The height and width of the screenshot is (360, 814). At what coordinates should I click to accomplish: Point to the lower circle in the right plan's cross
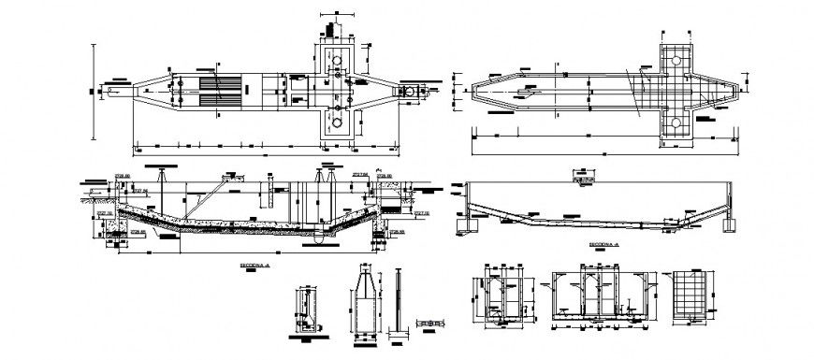click(x=676, y=122)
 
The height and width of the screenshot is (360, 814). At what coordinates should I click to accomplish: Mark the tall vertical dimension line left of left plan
click(x=94, y=91)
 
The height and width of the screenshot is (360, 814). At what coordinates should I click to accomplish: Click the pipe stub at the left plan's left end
click(x=113, y=91)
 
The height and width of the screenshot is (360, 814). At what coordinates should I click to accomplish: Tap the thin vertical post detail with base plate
click(x=400, y=304)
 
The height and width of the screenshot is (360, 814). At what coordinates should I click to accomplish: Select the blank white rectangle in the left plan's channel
click(x=268, y=92)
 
